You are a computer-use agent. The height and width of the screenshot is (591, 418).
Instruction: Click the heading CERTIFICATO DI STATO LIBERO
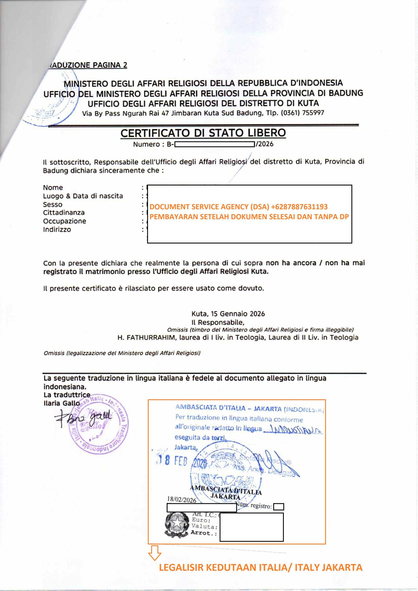[x=203, y=133]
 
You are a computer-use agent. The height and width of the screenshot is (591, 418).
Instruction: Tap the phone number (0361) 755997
[x=303, y=113]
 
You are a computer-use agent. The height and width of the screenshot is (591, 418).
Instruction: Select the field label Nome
[x=53, y=188]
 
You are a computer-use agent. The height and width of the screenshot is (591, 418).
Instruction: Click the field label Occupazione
[x=65, y=221]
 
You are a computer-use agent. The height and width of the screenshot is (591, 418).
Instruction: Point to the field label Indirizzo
[x=57, y=229]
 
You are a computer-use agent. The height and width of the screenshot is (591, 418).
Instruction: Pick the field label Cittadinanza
[x=64, y=213]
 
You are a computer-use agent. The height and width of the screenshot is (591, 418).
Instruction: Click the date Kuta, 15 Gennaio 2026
[x=228, y=314]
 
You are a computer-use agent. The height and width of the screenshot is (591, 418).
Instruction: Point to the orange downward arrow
[x=155, y=552]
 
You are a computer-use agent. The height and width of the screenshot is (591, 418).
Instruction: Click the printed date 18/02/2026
[x=182, y=500]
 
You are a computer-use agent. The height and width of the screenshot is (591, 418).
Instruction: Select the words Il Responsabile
[x=218, y=322]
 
